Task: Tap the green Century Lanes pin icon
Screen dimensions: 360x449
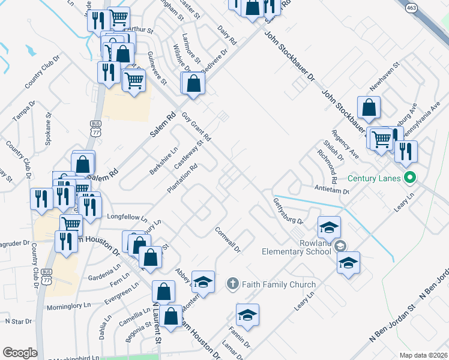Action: tap(411, 178)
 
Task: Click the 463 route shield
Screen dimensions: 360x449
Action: tap(411, 8)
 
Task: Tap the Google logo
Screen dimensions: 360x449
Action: tap(20, 353)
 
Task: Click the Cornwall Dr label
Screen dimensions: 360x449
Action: tap(228, 239)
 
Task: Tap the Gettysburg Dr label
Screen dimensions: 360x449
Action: tap(288, 211)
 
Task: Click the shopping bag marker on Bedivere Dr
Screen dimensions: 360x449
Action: tap(194, 83)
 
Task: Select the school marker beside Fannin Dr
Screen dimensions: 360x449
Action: tap(247, 315)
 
